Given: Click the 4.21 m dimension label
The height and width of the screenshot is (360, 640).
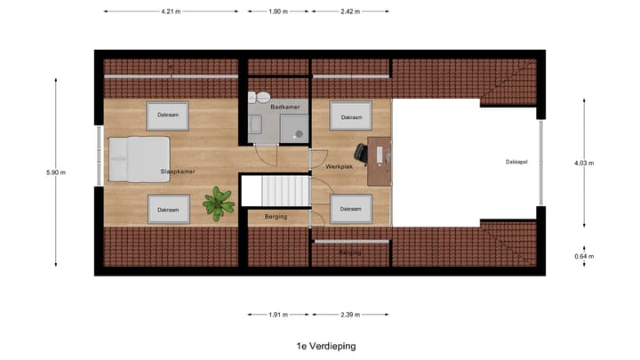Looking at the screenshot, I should pyautogui.click(x=171, y=12).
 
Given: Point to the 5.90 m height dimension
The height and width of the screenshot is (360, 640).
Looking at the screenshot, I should pyautogui.click(x=55, y=172).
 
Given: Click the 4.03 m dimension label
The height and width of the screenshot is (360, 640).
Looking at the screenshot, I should pyautogui.click(x=584, y=164).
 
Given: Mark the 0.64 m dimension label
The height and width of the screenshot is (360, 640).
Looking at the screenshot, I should pyautogui.click(x=584, y=257).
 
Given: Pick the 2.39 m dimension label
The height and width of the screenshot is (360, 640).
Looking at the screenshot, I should pyautogui.click(x=349, y=315).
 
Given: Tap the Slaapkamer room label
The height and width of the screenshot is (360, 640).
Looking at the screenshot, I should pyautogui.click(x=178, y=171).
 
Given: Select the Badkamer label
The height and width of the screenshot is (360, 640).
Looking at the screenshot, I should pyautogui.click(x=284, y=107).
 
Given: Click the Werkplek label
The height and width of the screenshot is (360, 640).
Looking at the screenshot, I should pyautogui.click(x=340, y=166).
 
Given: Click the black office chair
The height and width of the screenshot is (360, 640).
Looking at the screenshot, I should pyautogui.click(x=364, y=153).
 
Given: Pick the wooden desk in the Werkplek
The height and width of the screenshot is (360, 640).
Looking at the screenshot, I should pyautogui.click(x=380, y=160).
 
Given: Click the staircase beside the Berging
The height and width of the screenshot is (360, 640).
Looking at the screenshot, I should pyautogui.click(x=275, y=190).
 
